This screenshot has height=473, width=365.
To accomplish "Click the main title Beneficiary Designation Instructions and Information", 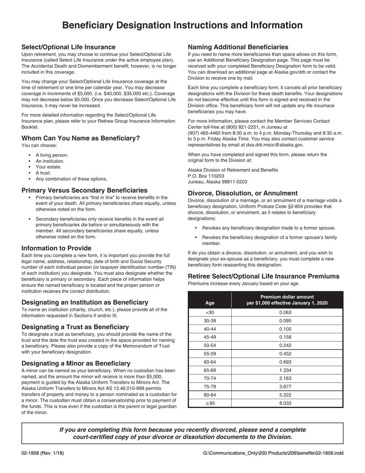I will (182, 25).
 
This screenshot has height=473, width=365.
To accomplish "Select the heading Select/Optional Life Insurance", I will (68, 47).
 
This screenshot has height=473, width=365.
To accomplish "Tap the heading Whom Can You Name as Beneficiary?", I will (81, 138).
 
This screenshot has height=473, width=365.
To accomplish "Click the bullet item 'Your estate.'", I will (48, 167).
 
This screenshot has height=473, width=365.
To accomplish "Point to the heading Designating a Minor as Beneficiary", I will (76, 363).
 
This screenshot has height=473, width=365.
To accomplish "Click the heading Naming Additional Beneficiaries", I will (238, 47).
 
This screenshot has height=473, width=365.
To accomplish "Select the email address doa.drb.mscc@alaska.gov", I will (275, 145).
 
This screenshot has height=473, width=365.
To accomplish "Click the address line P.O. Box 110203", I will (206, 176).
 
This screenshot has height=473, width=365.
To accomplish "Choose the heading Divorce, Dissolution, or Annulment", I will (242, 193).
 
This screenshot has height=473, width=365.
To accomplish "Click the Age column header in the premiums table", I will (210, 303).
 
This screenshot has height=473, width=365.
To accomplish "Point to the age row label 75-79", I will (210, 386).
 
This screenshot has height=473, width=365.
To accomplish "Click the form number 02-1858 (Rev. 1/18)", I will (43, 453).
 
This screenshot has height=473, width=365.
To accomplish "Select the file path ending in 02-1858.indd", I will (273, 453).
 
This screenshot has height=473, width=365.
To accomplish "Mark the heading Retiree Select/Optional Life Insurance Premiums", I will (263, 276).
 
